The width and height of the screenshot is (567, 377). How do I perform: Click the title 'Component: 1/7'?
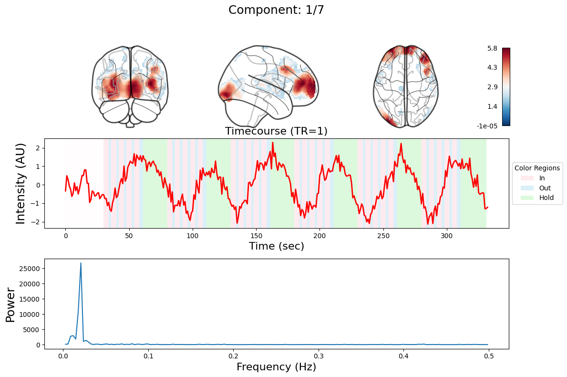point(276,10)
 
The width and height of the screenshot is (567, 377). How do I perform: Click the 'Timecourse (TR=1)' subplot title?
point(276,131)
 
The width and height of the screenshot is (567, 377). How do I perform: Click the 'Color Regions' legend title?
point(537,168)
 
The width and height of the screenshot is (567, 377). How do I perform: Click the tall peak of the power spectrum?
point(81,263)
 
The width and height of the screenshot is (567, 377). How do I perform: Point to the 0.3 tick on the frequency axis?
point(319,356)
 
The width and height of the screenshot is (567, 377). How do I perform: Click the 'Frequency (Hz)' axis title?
point(276,367)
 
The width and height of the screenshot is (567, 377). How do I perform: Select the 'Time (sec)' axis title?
point(276,246)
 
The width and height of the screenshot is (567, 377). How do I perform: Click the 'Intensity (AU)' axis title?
point(21,183)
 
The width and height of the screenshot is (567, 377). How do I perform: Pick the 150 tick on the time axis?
point(256,235)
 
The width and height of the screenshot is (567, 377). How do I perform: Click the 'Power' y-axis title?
point(10,304)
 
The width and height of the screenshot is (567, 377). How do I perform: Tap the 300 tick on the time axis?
point(447,235)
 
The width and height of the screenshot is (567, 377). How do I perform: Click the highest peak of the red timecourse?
point(273,142)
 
